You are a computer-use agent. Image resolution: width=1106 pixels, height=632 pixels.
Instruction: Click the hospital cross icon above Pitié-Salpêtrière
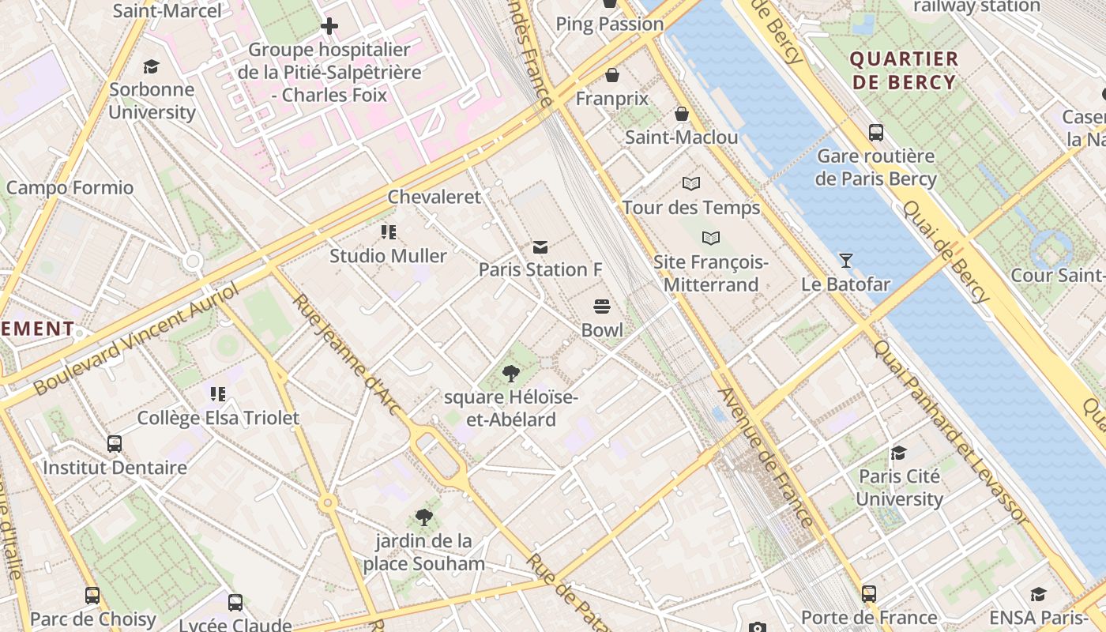click(329, 27)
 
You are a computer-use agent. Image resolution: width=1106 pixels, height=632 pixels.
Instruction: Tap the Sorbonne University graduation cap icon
click(151, 66)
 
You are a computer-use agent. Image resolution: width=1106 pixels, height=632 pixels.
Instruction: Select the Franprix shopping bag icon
click(611, 75)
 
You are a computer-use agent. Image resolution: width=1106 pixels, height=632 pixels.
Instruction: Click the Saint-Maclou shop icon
click(681, 114)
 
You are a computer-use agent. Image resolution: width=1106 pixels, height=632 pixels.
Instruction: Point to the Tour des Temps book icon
click(691, 184)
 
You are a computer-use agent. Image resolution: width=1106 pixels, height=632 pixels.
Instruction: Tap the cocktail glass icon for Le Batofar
click(845, 260)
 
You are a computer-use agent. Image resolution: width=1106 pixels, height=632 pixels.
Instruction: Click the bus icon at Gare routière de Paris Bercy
click(875, 132)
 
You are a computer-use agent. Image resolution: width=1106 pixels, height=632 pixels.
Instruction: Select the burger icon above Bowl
click(602, 307)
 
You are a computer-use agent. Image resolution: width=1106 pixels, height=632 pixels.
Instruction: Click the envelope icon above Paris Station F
click(540, 247)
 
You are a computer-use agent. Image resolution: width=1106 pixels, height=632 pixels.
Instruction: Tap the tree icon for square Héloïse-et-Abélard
click(511, 373)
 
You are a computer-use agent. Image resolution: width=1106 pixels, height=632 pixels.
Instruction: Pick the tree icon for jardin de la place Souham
click(424, 517)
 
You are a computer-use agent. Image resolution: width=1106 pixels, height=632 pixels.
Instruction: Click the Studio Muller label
click(388, 256)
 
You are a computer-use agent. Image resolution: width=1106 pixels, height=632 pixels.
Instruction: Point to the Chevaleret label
click(434, 197)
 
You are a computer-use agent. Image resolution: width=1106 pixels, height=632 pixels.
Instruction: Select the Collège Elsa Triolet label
click(218, 418)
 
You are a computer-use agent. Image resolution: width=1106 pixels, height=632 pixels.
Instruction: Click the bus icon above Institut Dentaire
click(115, 444)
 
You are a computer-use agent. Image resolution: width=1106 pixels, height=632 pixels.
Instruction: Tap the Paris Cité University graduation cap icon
click(899, 453)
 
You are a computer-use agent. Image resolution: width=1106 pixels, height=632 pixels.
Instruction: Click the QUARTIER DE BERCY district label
click(904, 70)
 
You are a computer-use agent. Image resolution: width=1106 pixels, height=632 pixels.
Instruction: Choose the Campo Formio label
click(70, 188)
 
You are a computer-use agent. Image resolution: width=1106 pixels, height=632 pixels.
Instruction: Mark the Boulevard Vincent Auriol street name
click(136, 340)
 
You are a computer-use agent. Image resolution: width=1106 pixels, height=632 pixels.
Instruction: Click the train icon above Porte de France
click(869, 593)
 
